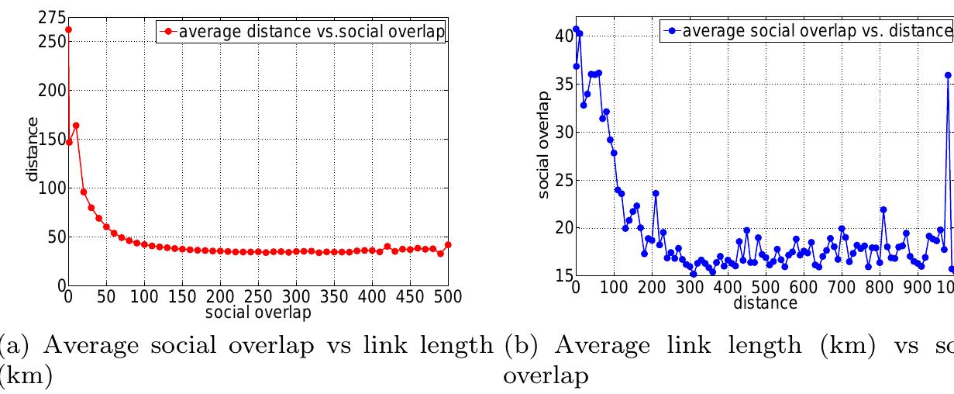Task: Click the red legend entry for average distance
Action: click(x=303, y=32)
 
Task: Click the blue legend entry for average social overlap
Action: click(x=806, y=31)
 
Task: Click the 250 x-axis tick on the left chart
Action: click(x=258, y=297)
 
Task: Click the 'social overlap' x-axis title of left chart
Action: click(x=257, y=313)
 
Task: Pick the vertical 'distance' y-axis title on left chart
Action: click(x=33, y=149)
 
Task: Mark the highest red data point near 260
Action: click(x=68, y=30)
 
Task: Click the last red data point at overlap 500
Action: click(x=448, y=245)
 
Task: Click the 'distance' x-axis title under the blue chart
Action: click(x=765, y=302)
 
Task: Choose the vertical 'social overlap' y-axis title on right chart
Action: click(x=545, y=144)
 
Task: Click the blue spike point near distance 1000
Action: click(x=948, y=75)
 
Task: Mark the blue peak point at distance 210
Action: click(x=656, y=193)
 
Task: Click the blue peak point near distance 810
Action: click(x=883, y=210)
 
